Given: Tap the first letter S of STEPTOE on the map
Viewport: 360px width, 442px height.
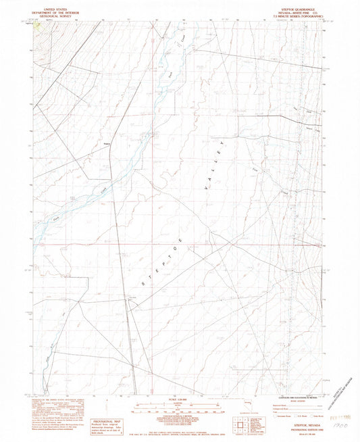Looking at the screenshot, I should [x=141, y=287].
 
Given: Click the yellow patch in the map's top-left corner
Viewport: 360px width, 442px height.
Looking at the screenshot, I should [x=39, y=30].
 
